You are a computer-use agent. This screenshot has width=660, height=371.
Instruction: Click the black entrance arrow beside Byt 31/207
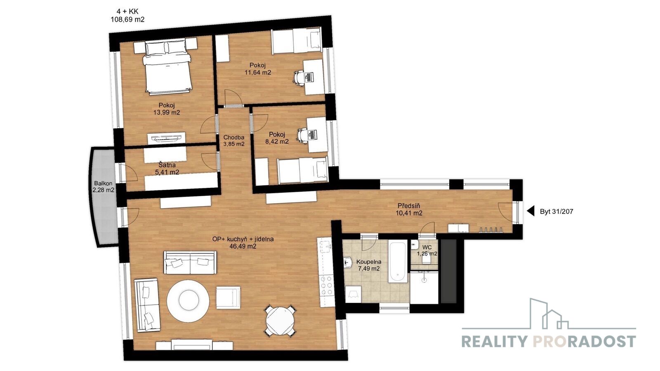[530, 211]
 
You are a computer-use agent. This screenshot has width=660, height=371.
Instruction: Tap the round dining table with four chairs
[280, 321]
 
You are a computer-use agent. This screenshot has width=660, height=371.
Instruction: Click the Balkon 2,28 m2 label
[103, 187]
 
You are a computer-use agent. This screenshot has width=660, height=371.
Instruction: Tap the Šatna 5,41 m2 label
[167, 169]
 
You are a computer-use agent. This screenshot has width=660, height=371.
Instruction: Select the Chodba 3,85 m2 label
[233, 141]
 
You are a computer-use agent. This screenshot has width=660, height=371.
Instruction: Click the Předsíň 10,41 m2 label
[409, 209]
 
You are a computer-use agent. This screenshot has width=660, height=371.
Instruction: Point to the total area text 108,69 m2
[127, 20]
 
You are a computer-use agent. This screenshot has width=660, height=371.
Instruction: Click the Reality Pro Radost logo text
[548, 342]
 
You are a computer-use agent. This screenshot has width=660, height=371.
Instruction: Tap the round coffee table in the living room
[188, 301]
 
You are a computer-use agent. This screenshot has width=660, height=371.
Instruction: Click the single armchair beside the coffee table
[228, 298]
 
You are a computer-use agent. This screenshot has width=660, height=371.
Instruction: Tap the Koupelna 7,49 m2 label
[369, 265]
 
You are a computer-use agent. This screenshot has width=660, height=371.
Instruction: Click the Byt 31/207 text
[556, 211]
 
